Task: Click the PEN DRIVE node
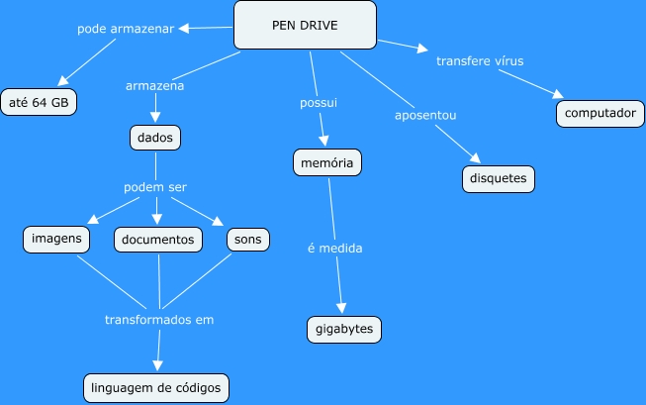coord(305,25)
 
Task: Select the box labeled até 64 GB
coord(39,102)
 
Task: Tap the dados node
coord(155,138)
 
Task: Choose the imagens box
coord(56,239)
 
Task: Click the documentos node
coord(158,240)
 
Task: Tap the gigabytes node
coord(343,328)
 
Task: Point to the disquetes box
coord(499,179)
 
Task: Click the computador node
coord(599,113)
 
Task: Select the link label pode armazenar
coord(126,29)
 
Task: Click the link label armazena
coord(155,85)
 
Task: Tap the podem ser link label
coord(155,187)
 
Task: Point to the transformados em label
coord(159,320)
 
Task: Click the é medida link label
coord(334,248)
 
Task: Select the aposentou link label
coord(425,116)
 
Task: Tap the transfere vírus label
coord(480,60)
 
